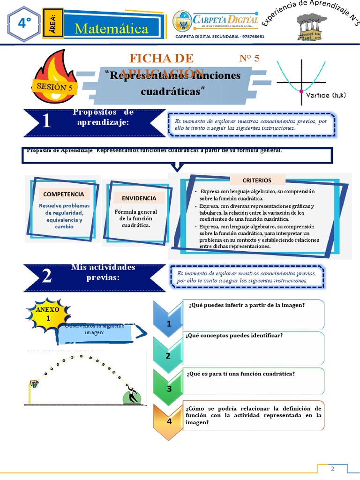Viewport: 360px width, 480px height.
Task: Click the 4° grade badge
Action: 22,23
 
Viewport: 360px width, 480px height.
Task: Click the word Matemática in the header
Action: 112,29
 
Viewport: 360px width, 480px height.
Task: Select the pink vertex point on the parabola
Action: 301,90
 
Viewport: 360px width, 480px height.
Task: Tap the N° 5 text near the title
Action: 249,58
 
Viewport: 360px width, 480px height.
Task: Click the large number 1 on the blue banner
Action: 46,122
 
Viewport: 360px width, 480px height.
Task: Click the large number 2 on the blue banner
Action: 46,277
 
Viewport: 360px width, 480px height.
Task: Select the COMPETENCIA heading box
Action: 64,194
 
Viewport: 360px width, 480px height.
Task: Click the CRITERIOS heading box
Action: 257,180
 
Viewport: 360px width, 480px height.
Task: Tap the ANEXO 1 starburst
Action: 48,314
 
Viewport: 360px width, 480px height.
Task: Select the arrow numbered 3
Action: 169,388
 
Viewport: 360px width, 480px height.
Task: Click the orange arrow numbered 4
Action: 169,421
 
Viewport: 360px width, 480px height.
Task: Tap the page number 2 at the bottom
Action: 332,469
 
